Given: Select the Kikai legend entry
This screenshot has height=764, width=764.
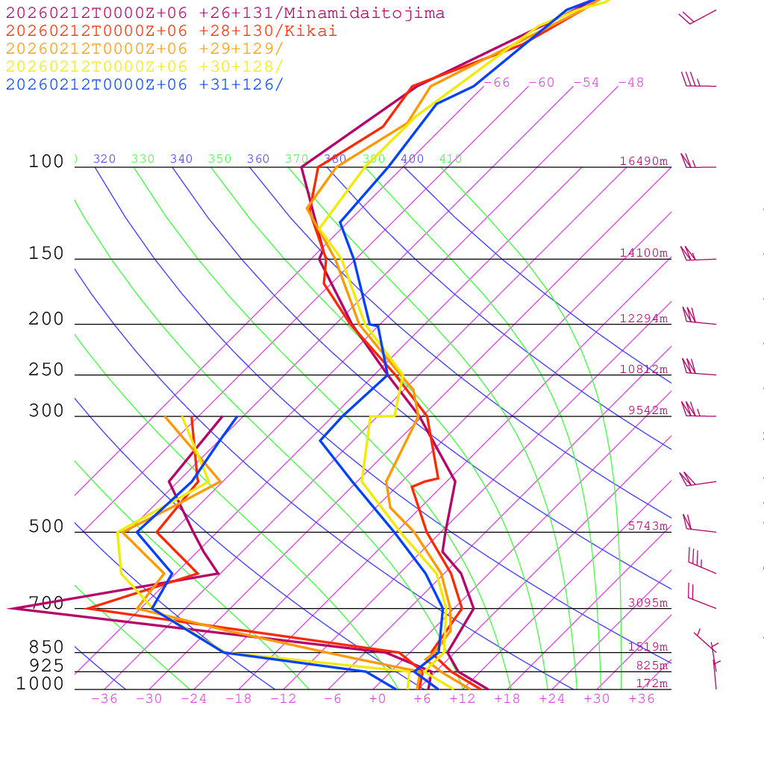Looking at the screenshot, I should pyautogui.click(x=172, y=31).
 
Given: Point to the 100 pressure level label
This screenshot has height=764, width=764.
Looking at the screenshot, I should pyautogui.click(x=46, y=162).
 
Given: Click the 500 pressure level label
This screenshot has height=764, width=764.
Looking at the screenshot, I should pyautogui.click(x=46, y=527).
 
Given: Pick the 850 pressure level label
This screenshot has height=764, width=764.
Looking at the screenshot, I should pyautogui.click(x=46, y=648).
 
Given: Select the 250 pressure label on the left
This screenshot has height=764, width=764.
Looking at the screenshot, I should pyautogui.click(x=46, y=370).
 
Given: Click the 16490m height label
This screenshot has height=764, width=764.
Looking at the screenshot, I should pyautogui.click(x=644, y=161).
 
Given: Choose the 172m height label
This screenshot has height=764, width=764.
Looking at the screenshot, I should pyautogui.click(x=651, y=683).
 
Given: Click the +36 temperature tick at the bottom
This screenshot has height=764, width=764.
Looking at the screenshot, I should pyautogui.click(x=642, y=699).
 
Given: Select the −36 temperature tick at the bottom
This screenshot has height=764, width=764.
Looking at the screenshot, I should pyautogui.click(x=104, y=699).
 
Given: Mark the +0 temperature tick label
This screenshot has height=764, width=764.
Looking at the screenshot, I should pyautogui.click(x=378, y=699).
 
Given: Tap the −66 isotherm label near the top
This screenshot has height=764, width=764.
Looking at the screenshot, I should pyautogui.click(x=497, y=83).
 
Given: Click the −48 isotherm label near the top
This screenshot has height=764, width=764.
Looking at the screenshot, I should pyautogui.click(x=630, y=83).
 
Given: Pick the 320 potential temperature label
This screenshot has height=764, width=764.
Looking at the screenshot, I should pyautogui.click(x=104, y=159).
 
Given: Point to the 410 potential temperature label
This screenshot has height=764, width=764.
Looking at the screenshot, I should pyautogui.click(x=451, y=159).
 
